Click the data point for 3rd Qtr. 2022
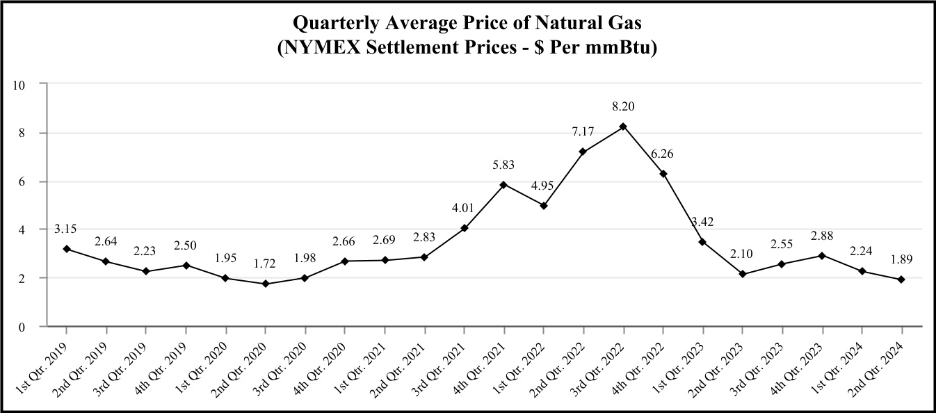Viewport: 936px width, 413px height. pos(623,127)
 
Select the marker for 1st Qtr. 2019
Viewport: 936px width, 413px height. pos(66,249)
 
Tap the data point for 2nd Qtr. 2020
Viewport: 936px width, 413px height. pos(265,284)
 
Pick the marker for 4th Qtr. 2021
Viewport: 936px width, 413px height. pos(503,185)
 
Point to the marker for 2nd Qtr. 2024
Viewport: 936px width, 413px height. pos(901,280)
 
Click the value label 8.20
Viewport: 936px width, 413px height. pos(623,106)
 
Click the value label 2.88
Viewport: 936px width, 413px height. pos(822,234)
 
